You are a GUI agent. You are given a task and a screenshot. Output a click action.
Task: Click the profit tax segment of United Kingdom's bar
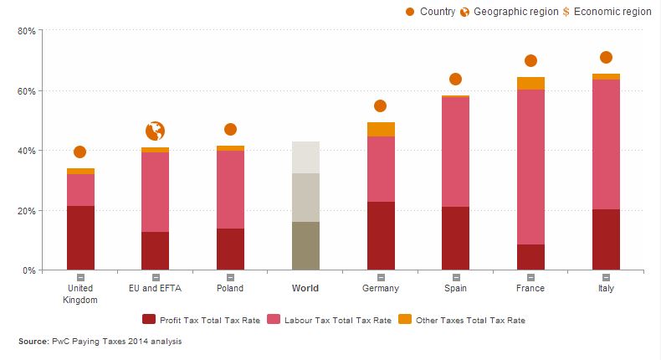(x=80, y=238)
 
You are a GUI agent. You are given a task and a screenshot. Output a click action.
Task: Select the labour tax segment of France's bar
(x=530, y=167)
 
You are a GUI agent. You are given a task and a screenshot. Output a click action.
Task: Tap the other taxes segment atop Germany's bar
(x=381, y=129)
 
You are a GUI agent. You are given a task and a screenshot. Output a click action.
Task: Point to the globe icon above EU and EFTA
(x=155, y=131)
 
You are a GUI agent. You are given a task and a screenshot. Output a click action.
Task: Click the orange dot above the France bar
(x=530, y=60)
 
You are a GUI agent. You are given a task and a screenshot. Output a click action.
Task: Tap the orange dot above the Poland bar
(x=230, y=129)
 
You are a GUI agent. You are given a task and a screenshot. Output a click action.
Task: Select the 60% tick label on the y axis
(x=25, y=90)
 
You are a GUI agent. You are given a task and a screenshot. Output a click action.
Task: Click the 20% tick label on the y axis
(x=25, y=211)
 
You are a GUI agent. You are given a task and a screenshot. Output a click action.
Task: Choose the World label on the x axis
(x=305, y=288)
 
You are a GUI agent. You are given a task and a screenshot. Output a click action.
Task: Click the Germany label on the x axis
(x=381, y=288)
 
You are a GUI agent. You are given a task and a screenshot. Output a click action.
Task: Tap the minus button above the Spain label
(x=455, y=276)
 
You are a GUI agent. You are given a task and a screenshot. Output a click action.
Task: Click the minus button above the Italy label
(x=606, y=276)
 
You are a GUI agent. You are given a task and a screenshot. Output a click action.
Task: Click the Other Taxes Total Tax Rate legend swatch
(x=404, y=319)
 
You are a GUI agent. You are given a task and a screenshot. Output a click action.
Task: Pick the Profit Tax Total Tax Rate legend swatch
(x=150, y=319)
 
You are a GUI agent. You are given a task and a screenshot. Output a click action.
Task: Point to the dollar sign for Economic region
(x=566, y=12)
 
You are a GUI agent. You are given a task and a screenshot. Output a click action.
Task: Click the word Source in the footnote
(x=33, y=341)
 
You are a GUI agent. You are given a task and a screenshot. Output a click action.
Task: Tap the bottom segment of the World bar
(x=305, y=245)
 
